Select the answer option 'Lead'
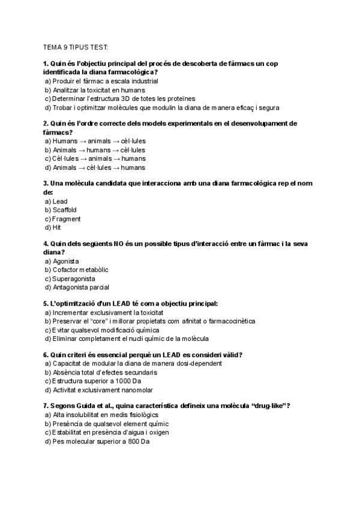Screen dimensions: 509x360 pos(59,201)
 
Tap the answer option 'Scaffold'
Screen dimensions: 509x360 pos(64,210)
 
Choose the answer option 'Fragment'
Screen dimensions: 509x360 pos(66,219)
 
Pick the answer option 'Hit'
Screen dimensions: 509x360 pos(57,228)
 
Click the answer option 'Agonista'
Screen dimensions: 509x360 pos(66,262)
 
